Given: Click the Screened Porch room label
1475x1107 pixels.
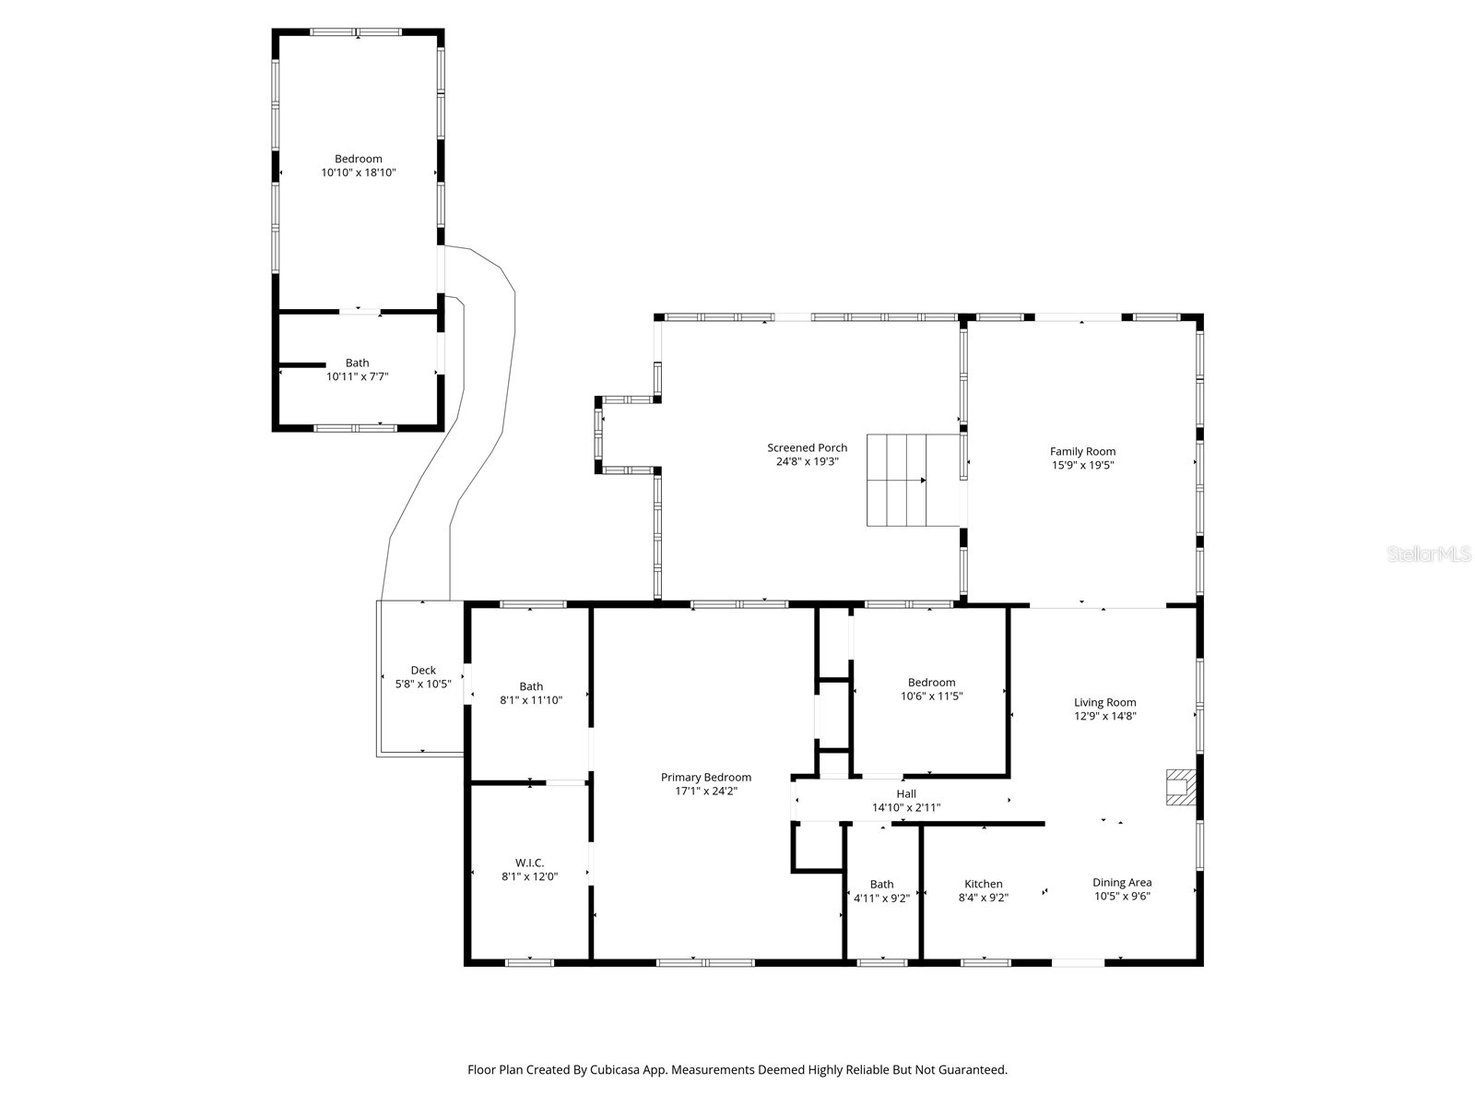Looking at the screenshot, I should [807, 447].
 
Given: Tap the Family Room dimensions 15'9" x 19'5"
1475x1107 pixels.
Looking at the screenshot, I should [1082, 465].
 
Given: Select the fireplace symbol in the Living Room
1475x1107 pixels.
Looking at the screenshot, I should [1180, 787].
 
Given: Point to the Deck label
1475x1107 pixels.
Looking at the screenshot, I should [423, 671].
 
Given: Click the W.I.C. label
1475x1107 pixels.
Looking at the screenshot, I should [529, 863].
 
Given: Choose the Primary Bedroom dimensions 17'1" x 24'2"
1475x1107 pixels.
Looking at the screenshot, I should [705, 791].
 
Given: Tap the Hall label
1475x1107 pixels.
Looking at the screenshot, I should [906, 793].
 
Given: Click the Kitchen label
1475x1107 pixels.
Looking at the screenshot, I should [983, 884].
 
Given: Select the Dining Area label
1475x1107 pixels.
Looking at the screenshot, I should [1122, 882].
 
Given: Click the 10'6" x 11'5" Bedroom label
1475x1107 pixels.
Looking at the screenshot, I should [931, 683].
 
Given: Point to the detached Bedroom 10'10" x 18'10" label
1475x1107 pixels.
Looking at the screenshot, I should [358, 159].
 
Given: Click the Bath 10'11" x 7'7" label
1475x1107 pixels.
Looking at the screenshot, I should [357, 363].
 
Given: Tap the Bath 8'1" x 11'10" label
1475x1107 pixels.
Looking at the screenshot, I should [531, 686].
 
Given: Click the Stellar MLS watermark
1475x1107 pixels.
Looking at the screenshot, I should [1428, 554].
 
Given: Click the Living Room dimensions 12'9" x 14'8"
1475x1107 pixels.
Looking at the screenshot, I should [1104, 715].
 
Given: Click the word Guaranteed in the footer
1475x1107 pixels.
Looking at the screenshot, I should [975, 1070].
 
